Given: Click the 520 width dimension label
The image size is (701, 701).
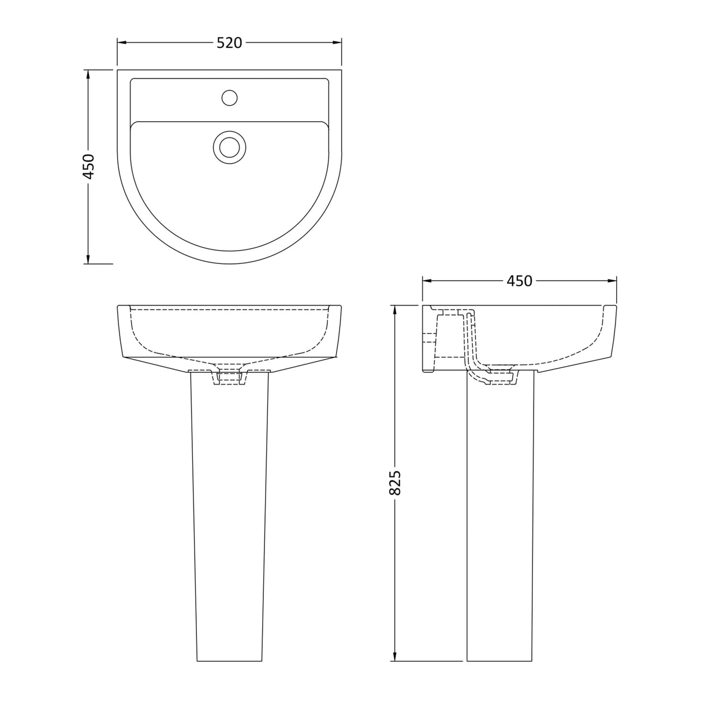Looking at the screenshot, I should pos(229,43).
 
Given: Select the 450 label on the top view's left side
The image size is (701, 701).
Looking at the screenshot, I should pos(88,166).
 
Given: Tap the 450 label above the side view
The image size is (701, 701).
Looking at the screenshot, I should pos(519,281).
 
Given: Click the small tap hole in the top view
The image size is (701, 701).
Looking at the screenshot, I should pos(230,98).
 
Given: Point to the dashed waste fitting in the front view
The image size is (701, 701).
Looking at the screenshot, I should pos(230,376).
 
